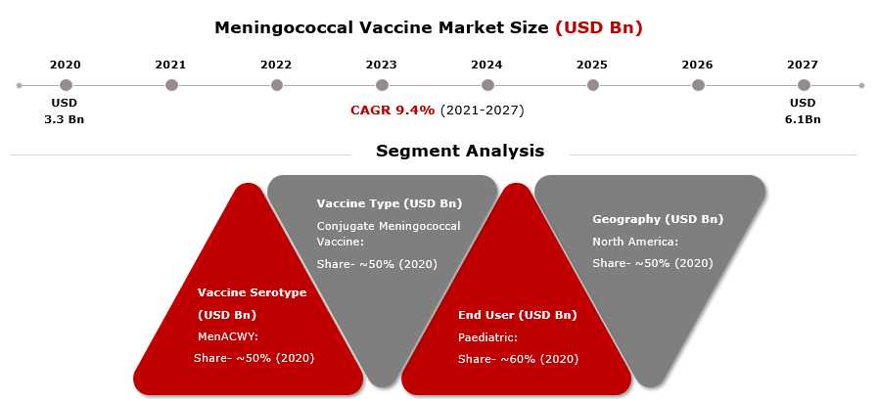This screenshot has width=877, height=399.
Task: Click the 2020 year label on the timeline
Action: pos(66,65)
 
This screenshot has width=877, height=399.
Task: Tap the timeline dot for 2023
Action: pos(382,85)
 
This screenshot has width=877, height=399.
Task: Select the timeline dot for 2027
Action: pos(804,85)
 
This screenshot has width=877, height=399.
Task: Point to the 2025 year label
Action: pos(592,65)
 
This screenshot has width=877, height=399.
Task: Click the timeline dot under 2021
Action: pos(171,85)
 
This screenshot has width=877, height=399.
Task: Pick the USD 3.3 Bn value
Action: pos(65,111)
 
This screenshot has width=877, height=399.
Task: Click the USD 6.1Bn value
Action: pos(803,111)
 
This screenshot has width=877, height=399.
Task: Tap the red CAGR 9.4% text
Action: pos(392,111)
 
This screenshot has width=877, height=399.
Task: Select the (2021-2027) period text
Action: pos(483,111)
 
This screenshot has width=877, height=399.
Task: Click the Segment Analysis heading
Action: pos(460,151)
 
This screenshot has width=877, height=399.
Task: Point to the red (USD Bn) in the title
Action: pos(599,28)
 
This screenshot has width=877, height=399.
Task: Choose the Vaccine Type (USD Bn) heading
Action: pos(390,203)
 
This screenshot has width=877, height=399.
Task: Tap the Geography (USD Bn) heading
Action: pos(658,219)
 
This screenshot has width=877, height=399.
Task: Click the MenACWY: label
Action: pos(228,337)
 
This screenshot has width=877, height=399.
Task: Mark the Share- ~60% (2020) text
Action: pos(518,359)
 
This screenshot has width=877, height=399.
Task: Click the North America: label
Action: pos(635,242)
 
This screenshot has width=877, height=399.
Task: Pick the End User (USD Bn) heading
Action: pos(518,315)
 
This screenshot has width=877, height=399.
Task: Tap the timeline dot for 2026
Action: pos(698,85)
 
